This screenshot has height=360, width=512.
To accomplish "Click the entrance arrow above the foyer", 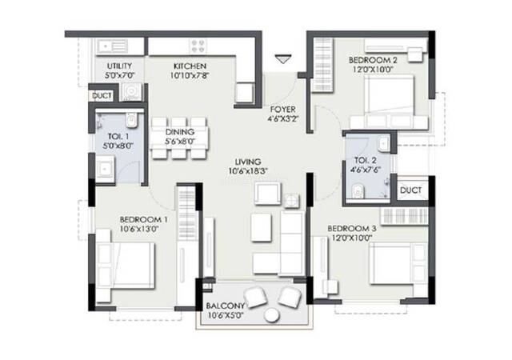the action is click(x=282, y=59).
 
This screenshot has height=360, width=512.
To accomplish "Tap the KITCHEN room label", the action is click(x=190, y=66).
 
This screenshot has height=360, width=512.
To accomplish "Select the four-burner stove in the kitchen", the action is click(x=198, y=46).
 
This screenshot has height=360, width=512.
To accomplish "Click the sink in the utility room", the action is click(x=111, y=46).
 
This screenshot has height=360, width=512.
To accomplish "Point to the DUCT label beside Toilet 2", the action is click(x=410, y=190).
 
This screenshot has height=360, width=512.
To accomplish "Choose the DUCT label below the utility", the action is click(x=102, y=96).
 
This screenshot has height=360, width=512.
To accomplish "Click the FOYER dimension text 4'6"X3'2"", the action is click(x=282, y=119).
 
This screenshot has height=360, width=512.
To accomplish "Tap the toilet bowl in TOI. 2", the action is click(x=358, y=191).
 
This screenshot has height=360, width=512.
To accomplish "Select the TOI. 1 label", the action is click(x=118, y=136).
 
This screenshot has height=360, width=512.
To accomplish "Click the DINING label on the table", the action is click(x=179, y=132).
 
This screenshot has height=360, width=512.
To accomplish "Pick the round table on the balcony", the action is click(x=272, y=315).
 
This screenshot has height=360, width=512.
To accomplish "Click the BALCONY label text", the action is click(x=225, y=306).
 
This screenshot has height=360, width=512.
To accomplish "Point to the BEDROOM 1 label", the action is click(x=144, y=219).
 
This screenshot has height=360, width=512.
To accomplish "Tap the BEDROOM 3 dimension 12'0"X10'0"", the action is click(x=352, y=238).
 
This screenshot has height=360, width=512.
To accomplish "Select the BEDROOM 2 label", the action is click(x=373, y=60).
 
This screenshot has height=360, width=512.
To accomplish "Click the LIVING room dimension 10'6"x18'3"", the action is click(x=248, y=171).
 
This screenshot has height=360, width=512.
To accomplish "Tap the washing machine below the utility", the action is click(x=131, y=92).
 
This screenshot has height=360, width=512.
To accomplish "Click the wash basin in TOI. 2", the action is click(x=383, y=144).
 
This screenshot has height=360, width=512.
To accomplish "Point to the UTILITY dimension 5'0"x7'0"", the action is click(x=119, y=76).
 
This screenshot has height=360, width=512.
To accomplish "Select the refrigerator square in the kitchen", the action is click(x=244, y=94).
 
